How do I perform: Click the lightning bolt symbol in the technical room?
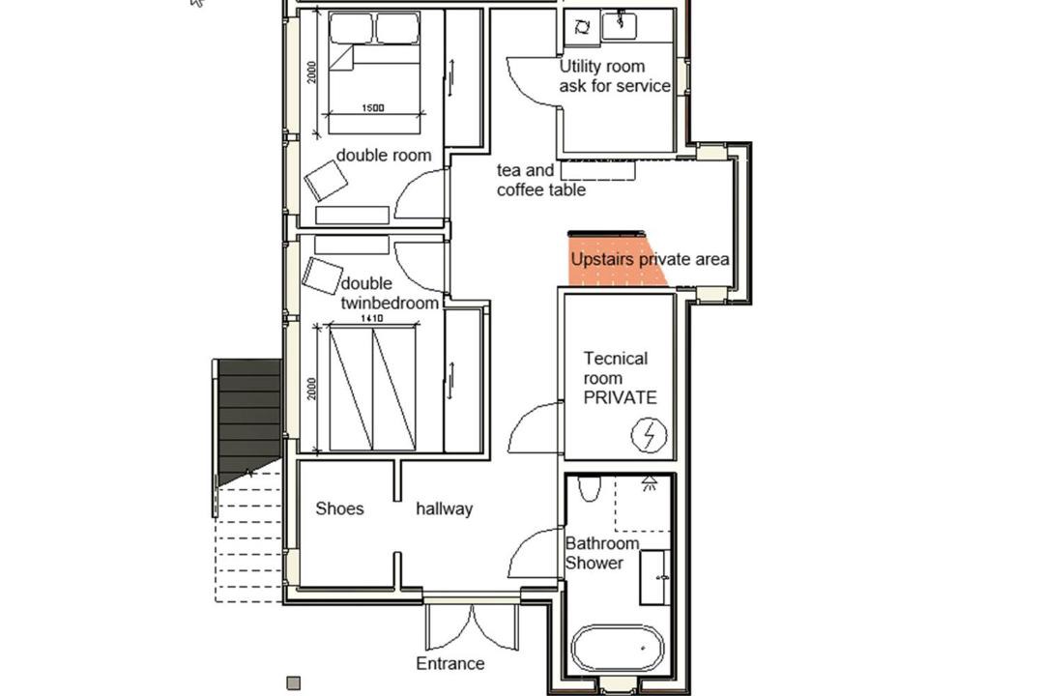tap(649, 435)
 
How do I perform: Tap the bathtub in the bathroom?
tap(617, 648)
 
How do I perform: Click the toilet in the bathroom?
tap(590, 488)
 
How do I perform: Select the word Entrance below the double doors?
tap(450, 663)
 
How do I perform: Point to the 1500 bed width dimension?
tap(373, 108)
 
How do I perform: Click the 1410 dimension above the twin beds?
tap(371, 318)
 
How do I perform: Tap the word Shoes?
tap(339, 508)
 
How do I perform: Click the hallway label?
tap(444, 508)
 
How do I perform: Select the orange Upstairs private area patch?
tap(616, 260)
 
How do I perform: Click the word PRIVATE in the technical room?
tap(620, 397)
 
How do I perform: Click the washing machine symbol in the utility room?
tap(581, 27)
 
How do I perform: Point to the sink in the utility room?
tap(620, 25)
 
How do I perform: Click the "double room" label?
tap(384, 156)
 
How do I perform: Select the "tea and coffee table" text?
tap(540, 180)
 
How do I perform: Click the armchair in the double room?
tap(326, 181)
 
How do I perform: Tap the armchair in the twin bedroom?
tap(322, 275)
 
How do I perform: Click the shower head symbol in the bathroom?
tap(650, 483)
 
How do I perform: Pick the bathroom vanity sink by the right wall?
tap(655, 577)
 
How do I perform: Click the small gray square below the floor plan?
tap(293, 682)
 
